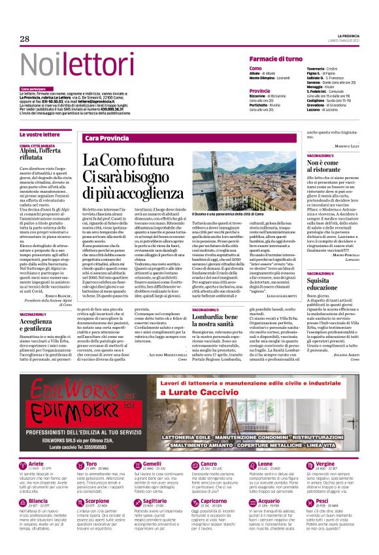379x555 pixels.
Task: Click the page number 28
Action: click(x=24, y=39)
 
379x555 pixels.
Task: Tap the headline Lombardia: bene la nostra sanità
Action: click(x=232, y=320)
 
